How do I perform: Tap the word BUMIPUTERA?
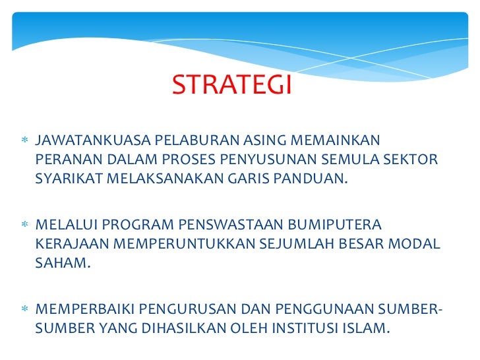334,225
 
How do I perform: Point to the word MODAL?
415,244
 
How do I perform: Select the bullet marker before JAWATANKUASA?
24,142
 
